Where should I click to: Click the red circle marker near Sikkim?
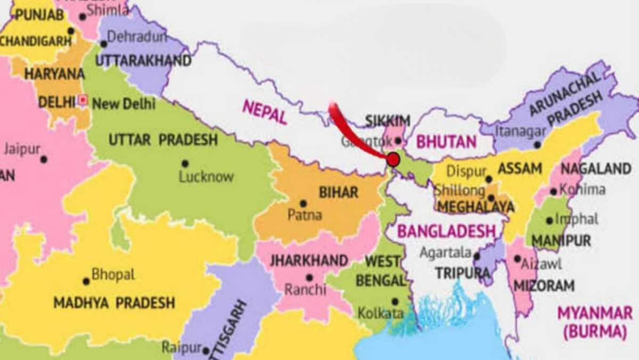pyautogui.click(x=393, y=159)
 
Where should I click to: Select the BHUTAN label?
pyautogui.click(x=446, y=142)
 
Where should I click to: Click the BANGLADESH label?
pyautogui.click(x=446, y=231)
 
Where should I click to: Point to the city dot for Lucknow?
pyautogui.click(x=185, y=163)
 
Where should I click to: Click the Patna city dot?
pyautogui.click(x=303, y=203)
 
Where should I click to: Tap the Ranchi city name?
pyautogui.click(x=305, y=290)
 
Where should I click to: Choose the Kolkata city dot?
pyautogui.click(x=395, y=301)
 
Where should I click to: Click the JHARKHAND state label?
pyautogui.click(x=309, y=261)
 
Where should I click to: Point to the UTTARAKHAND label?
pyautogui.click(x=143, y=61)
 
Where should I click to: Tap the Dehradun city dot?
pyautogui.click(x=103, y=44)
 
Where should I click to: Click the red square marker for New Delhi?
pyautogui.click(x=83, y=100)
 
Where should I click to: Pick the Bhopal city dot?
pyautogui.click(x=86, y=281)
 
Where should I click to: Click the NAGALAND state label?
pyautogui.click(x=596, y=169)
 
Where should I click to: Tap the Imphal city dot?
pyautogui.click(x=549, y=220)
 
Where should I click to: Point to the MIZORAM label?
pyautogui.click(x=544, y=285)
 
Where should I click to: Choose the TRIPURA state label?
pyautogui.click(x=462, y=273)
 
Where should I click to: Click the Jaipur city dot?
pyautogui.click(x=44, y=159)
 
